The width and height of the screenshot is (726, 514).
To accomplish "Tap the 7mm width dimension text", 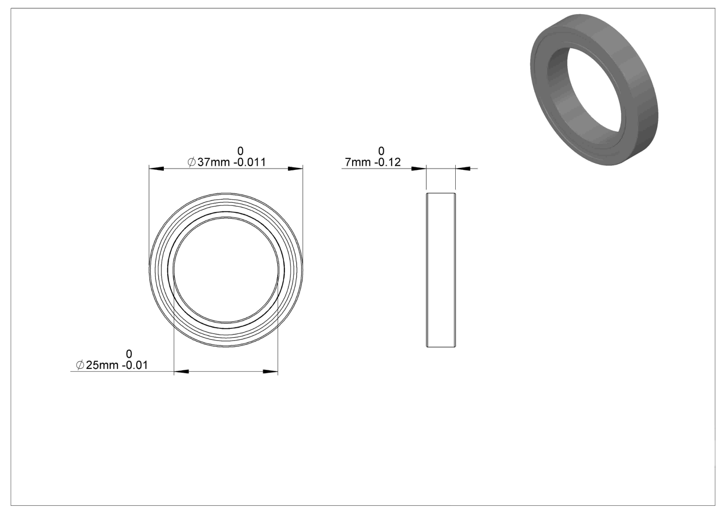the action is coord(358,162).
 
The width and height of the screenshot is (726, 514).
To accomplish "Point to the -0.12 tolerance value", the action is coord(388,162).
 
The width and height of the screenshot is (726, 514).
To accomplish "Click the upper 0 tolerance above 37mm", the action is coord(240,151).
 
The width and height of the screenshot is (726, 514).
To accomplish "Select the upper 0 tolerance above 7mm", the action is coord(381,151).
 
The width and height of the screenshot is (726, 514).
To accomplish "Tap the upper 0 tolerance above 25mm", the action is coord(128,354).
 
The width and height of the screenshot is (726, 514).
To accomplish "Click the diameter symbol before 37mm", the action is coord(191,162).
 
